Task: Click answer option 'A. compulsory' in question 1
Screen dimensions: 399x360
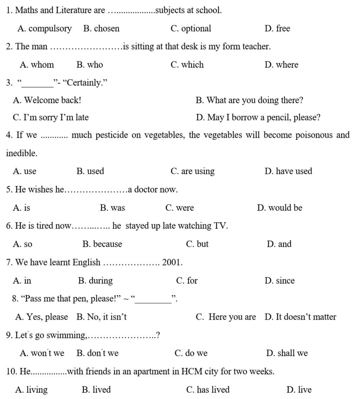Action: click(x=44, y=28)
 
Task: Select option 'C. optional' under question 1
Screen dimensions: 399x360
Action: click(x=191, y=28)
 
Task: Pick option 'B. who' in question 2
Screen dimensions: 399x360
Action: click(x=90, y=65)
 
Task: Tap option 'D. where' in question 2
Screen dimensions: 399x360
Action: click(x=281, y=65)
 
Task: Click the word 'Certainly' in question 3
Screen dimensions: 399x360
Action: click(x=83, y=83)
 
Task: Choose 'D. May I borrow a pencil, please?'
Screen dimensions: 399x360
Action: click(x=258, y=117)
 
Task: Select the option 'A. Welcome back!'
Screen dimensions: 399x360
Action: click(x=47, y=100)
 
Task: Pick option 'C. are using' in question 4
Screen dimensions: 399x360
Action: click(x=192, y=171)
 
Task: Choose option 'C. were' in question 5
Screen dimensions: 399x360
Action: click(x=179, y=208)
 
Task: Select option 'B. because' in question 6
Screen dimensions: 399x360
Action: click(x=102, y=244)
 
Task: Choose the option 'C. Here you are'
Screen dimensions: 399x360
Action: click(x=226, y=317)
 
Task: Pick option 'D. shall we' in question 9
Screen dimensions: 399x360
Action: click(x=287, y=353)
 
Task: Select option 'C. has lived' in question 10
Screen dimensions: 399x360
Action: click(x=208, y=390)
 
